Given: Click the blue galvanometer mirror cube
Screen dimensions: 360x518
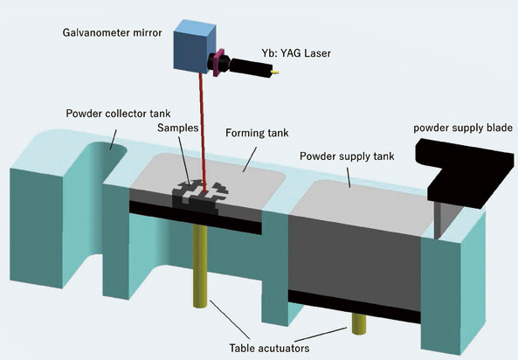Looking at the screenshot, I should click(x=194, y=45).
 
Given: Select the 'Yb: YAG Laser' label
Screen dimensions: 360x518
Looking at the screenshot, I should click(x=298, y=53).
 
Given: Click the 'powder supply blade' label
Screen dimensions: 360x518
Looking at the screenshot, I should click(x=462, y=128).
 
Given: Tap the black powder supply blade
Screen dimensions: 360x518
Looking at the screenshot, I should click(x=459, y=158).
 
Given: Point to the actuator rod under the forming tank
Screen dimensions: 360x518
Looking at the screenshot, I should click(x=199, y=267).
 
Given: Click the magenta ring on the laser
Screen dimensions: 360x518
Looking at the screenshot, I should click(x=211, y=61).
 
